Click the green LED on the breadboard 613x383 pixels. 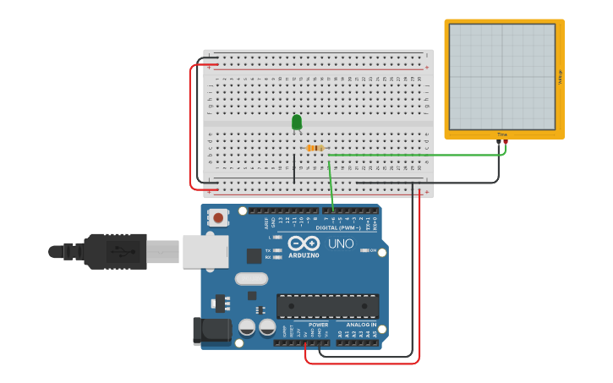coord(296,123)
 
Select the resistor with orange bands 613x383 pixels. coord(315,148)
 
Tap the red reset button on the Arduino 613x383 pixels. coord(218,218)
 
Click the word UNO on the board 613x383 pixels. coord(341,245)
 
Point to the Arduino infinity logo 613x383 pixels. coord(303,243)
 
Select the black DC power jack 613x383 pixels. coord(211,331)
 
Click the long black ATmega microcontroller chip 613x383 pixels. coord(327,306)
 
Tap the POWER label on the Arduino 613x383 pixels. coord(318,325)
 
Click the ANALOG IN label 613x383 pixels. coord(361,325)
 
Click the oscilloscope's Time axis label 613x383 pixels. coord(502,134)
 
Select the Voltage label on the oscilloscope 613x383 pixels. coord(560,76)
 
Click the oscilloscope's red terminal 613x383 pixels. coord(506,142)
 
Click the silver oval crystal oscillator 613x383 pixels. coord(251,278)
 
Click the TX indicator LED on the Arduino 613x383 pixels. coord(276,250)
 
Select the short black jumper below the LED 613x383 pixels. coord(294,167)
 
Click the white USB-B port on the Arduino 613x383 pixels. coord(205,251)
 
